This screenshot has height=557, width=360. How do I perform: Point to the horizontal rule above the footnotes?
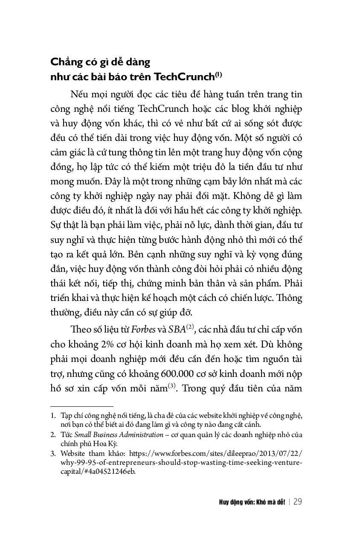81,407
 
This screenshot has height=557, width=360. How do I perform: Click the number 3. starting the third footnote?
53,454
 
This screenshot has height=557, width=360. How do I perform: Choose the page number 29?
298,502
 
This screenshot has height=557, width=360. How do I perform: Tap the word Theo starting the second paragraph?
80,330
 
